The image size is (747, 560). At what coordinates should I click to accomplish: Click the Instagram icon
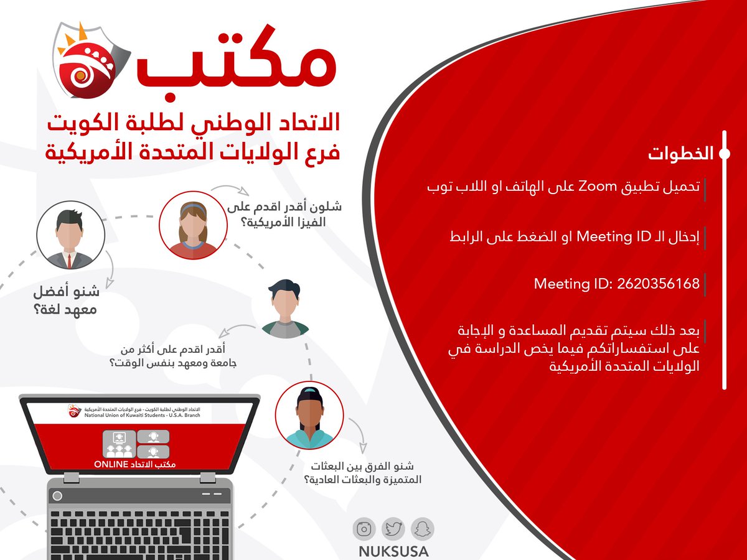[x=364, y=529]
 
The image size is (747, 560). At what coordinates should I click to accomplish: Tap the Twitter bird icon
[x=393, y=529]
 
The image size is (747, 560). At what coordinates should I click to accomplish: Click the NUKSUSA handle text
[x=393, y=551]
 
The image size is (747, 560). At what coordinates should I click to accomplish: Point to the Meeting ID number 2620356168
[x=658, y=284]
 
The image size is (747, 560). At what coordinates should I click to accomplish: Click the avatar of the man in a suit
[x=65, y=238]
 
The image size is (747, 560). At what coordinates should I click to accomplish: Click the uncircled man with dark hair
[x=285, y=308]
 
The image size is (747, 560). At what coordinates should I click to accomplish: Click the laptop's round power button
[x=57, y=497]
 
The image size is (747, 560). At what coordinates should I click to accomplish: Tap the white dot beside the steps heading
[x=725, y=154]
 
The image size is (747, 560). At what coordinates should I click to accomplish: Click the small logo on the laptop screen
[x=75, y=411]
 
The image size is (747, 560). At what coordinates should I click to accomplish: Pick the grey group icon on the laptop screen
[x=118, y=443]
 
